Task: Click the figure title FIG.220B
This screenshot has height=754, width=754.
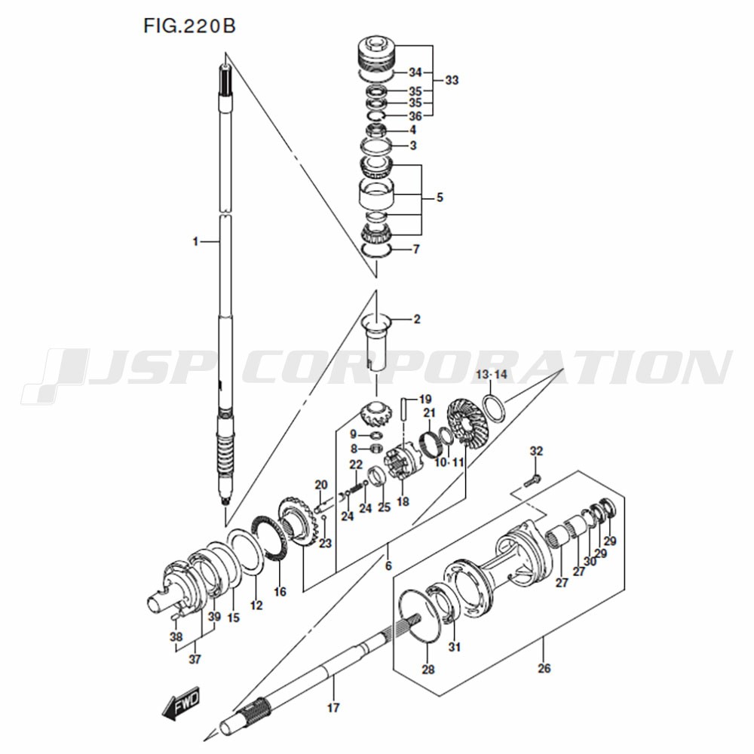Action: coord(189,26)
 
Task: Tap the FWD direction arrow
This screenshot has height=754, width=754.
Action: coord(181,703)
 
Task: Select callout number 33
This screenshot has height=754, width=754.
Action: coord(452,81)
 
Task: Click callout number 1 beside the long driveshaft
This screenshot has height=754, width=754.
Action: coord(195,241)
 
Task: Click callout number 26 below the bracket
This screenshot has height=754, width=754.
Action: coord(544,668)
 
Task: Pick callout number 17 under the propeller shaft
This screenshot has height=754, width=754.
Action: coord(333,707)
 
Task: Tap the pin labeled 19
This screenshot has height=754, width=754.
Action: coord(406,409)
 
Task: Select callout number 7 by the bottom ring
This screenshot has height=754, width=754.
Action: coord(416,249)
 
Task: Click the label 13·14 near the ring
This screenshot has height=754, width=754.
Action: coord(492,374)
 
